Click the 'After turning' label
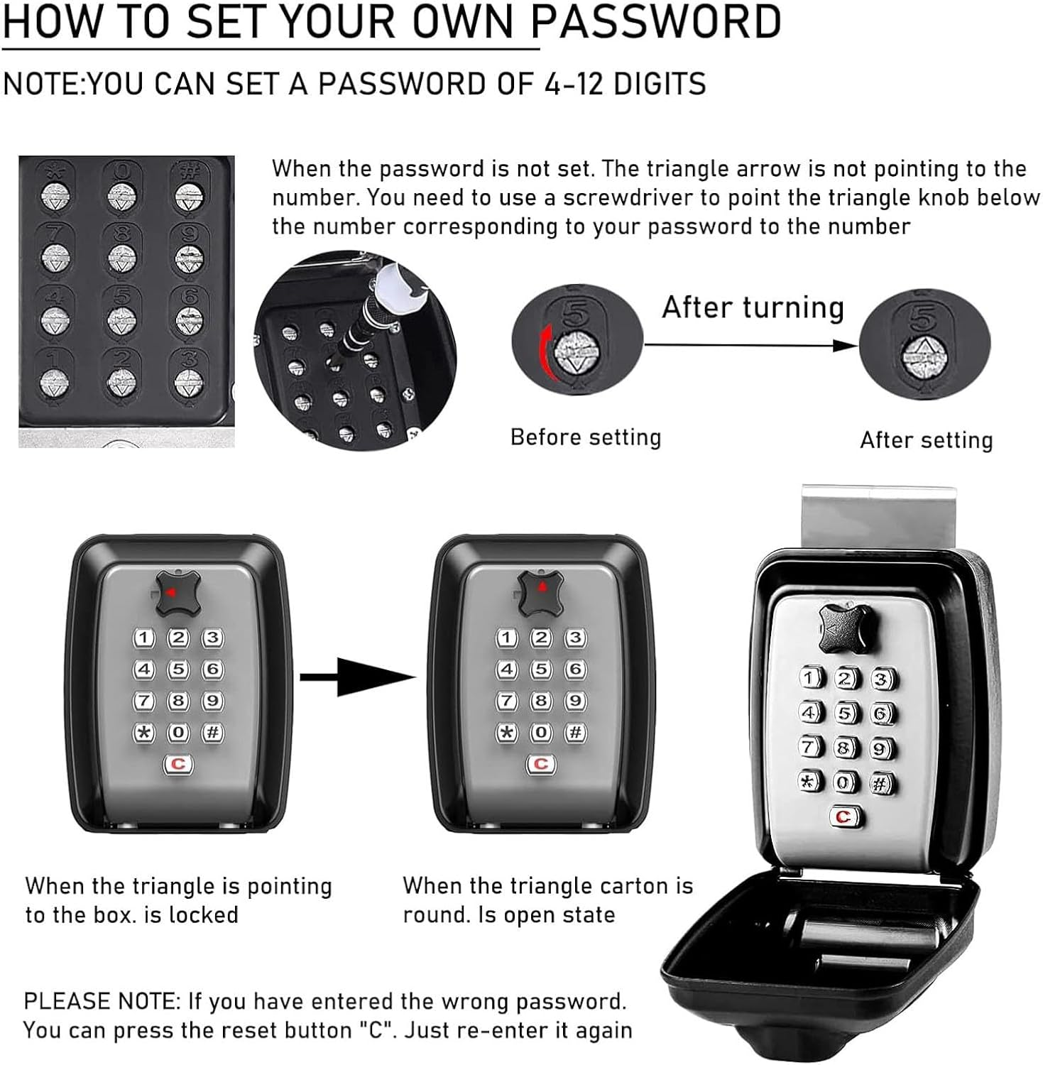[753, 307]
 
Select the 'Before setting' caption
[585, 437]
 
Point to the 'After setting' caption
[926, 440]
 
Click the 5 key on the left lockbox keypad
[178, 669]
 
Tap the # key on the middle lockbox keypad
[575, 732]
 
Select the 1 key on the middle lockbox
[506, 638]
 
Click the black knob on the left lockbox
[176, 593]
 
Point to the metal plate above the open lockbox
[878, 518]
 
